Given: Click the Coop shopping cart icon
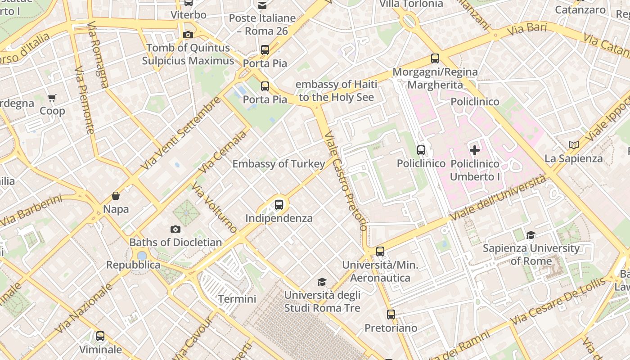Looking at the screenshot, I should [x=52, y=98].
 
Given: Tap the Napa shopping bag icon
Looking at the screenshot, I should [x=116, y=196].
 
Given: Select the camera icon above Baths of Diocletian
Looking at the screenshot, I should [x=175, y=229].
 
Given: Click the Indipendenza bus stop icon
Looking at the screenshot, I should [x=279, y=205].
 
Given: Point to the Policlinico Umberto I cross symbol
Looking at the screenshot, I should [x=475, y=150].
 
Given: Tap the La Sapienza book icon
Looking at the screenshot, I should [x=573, y=145].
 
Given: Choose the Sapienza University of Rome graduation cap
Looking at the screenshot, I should [x=531, y=235].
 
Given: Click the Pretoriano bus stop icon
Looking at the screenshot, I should [x=391, y=315].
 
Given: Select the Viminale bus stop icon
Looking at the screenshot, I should [x=100, y=336].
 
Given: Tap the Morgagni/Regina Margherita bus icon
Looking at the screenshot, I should [x=435, y=58].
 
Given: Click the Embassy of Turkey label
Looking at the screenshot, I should [x=279, y=164].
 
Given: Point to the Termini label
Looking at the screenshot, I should [x=237, y=299].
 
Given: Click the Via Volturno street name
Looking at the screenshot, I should [x=214, y=207].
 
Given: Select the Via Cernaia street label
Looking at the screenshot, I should [x=223, y=152].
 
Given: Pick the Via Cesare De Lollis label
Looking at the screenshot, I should [x=558, y=301].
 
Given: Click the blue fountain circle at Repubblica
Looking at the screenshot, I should [x=142, y=256].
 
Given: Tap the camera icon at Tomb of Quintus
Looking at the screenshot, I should [x=188, y=35].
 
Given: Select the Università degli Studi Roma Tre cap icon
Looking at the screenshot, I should [x=322, y=282].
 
